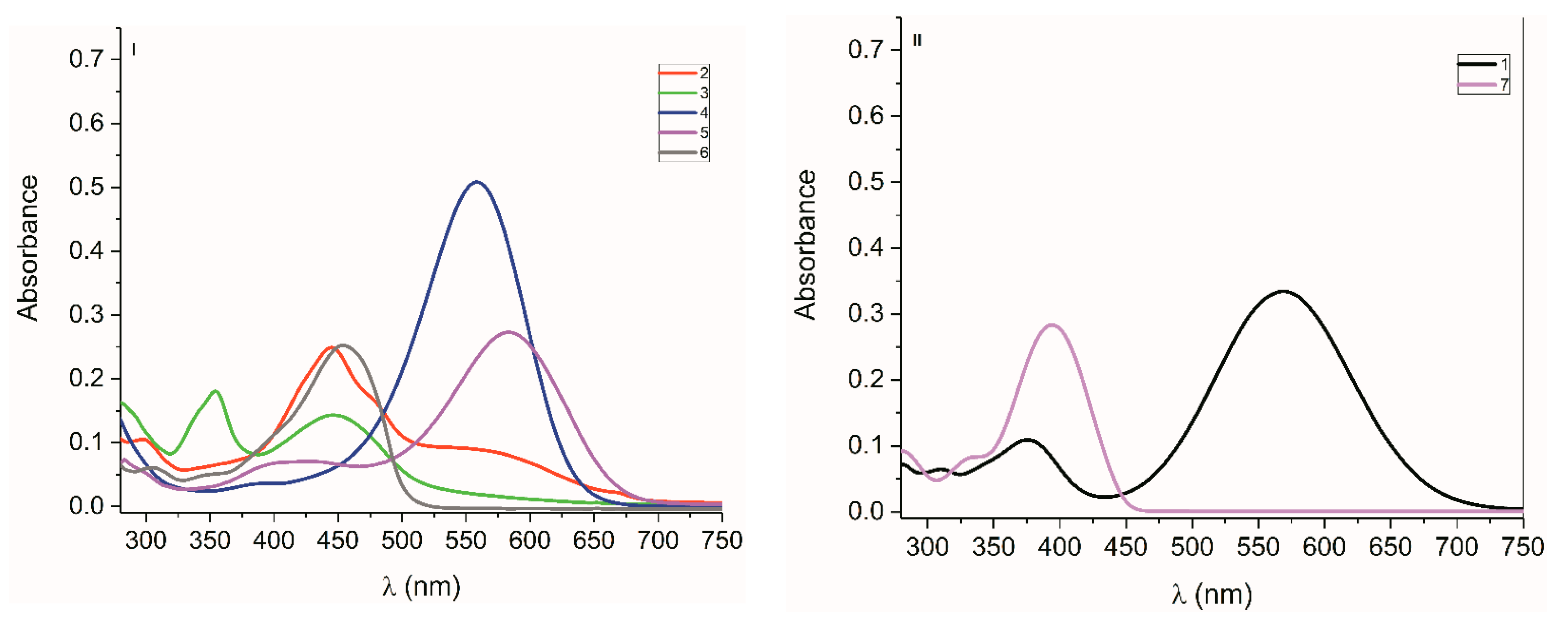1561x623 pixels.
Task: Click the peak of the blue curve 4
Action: click(x=477, y=182)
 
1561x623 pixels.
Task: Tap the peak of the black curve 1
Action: click(x=1283, y=291)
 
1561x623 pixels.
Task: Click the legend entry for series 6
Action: click(x=684, y=153)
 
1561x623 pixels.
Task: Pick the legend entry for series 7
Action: click(x=1483, y=85)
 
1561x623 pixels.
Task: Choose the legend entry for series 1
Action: click(x=1483, y=63)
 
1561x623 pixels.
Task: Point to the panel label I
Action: click(x=133, y=50)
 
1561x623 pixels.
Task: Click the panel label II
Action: click(x=918, y=41)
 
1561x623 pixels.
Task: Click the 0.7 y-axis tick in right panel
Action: click(x=866, y=50)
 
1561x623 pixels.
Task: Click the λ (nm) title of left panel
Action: click(x=421, y=586)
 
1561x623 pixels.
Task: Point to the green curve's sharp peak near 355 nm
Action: click(x=215, y=392)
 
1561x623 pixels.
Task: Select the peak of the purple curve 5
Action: click(x=508, y=332)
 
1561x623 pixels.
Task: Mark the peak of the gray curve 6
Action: click(x=343, y=345)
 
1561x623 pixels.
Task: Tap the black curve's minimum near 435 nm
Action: click(x=1106, y=496)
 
